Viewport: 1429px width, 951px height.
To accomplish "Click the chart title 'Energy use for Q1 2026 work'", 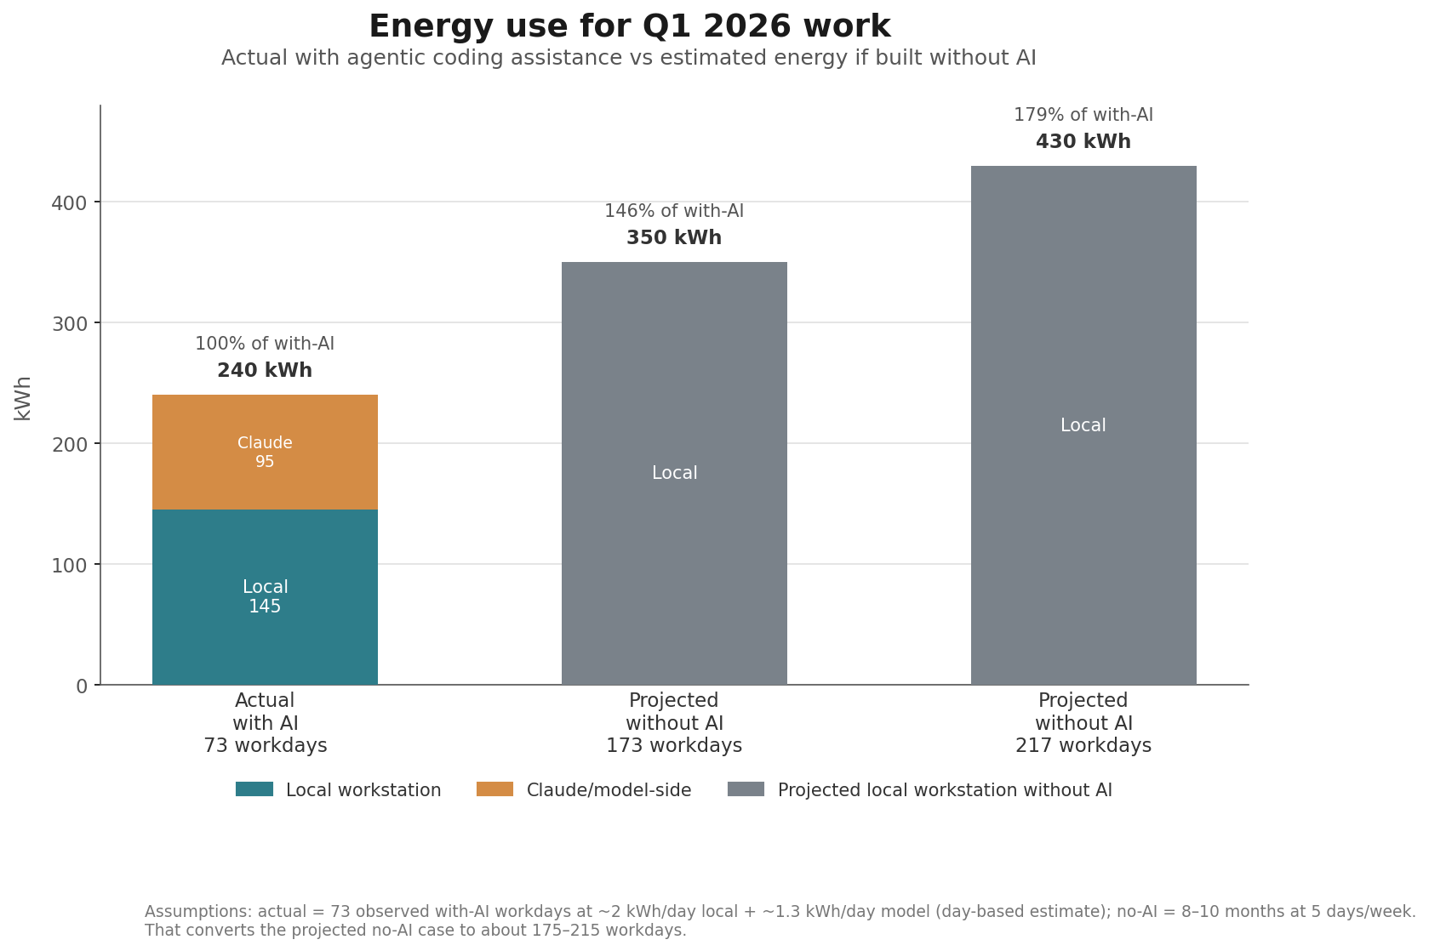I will tap(629, 27).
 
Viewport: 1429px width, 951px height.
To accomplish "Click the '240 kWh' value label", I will tap(265, 371).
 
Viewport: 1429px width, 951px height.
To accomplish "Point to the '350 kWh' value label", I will tap(674, 238).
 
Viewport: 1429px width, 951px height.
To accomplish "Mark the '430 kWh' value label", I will tap(1083, 142).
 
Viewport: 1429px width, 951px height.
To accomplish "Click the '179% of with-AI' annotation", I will tap(1083, 115).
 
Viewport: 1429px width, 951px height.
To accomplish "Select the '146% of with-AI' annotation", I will tap(674, 211).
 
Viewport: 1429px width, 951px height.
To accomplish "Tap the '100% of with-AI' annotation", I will tap(265, 344).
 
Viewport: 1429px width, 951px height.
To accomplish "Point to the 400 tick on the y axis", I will tap(69, 202).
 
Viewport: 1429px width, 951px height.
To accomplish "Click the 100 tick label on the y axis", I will tap(69, 565).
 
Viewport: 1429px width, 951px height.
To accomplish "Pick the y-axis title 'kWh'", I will tap(23, 398).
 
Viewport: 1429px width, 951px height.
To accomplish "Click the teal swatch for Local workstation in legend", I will tap(254, 789).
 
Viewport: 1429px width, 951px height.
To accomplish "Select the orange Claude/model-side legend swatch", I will tap(494, 789).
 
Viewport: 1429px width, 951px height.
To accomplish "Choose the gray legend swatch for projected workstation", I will tap(746, 789).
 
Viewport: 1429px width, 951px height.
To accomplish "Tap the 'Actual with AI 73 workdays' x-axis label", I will tap(265, 723).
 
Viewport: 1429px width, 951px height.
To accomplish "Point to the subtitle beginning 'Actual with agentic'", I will tap(628, 58).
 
